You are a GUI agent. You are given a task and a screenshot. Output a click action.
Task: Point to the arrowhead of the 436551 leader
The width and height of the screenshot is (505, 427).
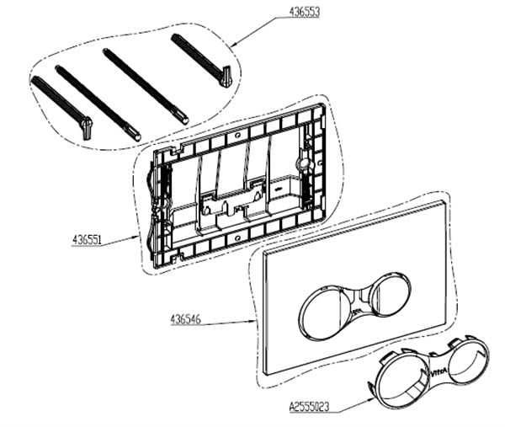(142, 238)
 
